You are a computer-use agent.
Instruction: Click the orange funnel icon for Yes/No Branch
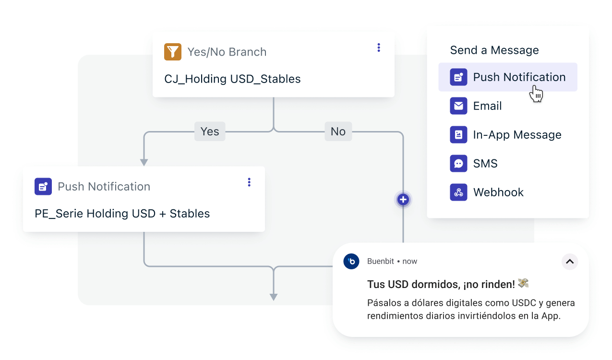tap(173, 52)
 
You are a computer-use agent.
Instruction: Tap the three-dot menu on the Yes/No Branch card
tap(379, 48)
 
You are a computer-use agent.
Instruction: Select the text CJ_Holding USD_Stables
tap(232, 79)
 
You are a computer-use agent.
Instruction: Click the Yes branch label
tap(210, 132)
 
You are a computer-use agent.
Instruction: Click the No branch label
tap(338, 132)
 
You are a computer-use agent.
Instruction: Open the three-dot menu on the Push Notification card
tap(249, 182)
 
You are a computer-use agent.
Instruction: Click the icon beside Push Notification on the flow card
tap(43, 186)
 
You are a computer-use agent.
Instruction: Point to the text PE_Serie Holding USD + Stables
tap(122, 214)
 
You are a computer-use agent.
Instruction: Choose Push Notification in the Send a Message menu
tap(519, 77)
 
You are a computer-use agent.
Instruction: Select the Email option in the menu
tap(487, 106)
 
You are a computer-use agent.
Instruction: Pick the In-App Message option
tap(517, 135)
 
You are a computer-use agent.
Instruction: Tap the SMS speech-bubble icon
tap(458, 164)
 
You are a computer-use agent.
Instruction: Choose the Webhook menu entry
tap(498, 192)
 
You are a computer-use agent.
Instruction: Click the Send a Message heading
tap(494, 50)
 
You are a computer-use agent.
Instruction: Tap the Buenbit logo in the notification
tap(352, 261)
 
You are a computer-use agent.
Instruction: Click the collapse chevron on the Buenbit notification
tap(570, 262)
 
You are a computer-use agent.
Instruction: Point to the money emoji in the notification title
tap(523, 284)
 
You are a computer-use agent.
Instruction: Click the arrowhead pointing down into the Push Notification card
tap(144, 162)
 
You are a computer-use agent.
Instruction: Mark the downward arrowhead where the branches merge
tap(274, 297)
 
